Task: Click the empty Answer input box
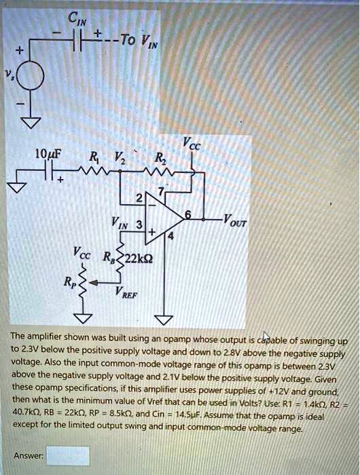pos(68,455)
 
